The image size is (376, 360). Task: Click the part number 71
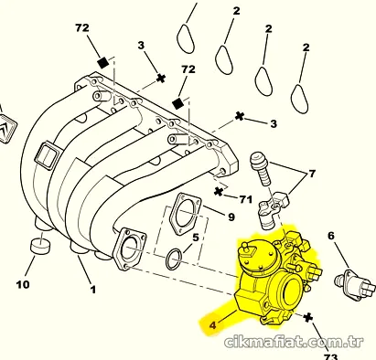(x=245, y=199)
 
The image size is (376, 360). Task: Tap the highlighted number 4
(x=212, y=325)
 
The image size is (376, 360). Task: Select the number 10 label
(x=23, y=285)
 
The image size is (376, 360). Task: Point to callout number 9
(x=231, y=217)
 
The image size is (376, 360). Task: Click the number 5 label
(x=196, y=238)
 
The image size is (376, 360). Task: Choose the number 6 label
(x=331, y=236)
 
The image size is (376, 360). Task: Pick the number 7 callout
(x=312, y=174)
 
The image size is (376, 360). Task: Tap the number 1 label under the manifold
(x=93, y=290)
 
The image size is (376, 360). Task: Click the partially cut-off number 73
(x=330, y=356)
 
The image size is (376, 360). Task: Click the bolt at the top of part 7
(x=260, y=169)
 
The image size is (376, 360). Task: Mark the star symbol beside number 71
(x=219, y=192)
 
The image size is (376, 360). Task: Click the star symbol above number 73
(x=308, y=317)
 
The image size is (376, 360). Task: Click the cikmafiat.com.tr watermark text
(x=294, y=343)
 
